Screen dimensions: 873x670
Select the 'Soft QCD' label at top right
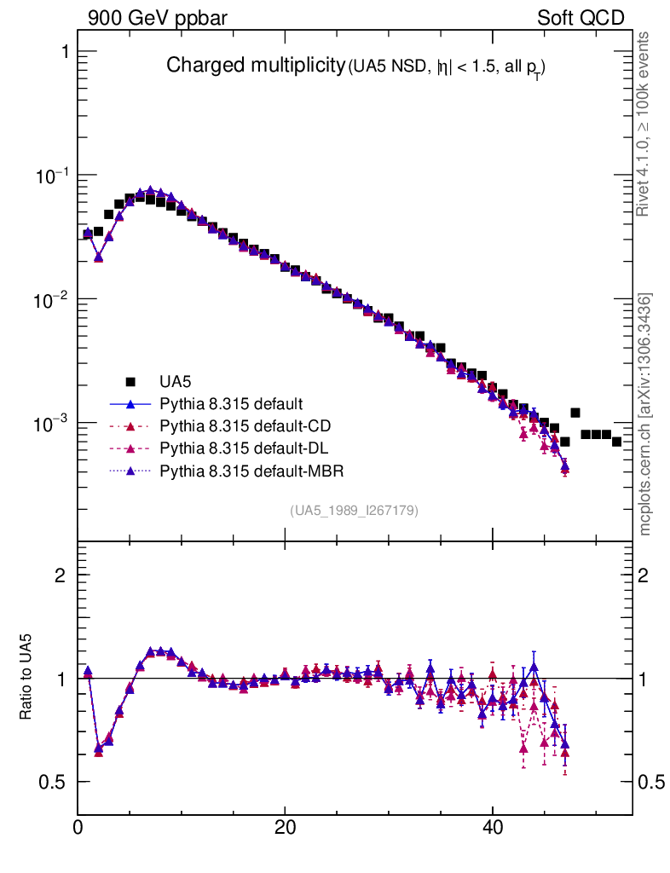tap(580, 19)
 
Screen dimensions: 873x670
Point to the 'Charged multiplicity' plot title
tap(254, 66)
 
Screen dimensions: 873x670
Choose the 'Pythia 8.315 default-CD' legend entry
tap(232, 425)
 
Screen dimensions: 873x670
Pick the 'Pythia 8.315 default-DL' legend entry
tap(232, 447)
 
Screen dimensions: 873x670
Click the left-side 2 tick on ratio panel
tap(61, 575)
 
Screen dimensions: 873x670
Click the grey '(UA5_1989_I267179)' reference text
tap(355, 511)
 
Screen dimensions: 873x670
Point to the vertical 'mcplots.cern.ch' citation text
tap(647, 414)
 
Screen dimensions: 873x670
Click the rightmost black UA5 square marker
tap(616, 441)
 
